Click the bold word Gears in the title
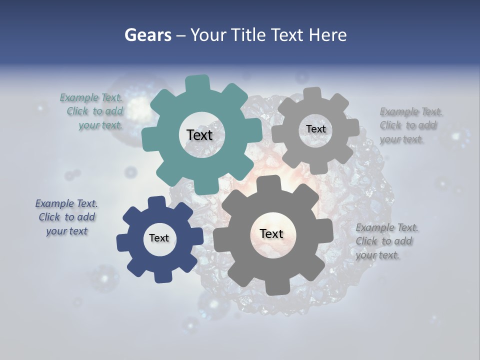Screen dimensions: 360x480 tap(147, 35)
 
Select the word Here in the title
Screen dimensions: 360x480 tap(327, 35)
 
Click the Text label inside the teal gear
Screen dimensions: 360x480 tap(199, 135)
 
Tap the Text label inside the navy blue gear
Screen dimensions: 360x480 tap(159, 238)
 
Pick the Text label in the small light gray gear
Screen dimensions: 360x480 tap(315, 129)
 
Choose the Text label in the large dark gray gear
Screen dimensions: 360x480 tap(271, 233)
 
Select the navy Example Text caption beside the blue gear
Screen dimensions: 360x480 tap(66, 217)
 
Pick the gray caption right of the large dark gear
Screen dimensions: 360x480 tap(386, 241)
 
